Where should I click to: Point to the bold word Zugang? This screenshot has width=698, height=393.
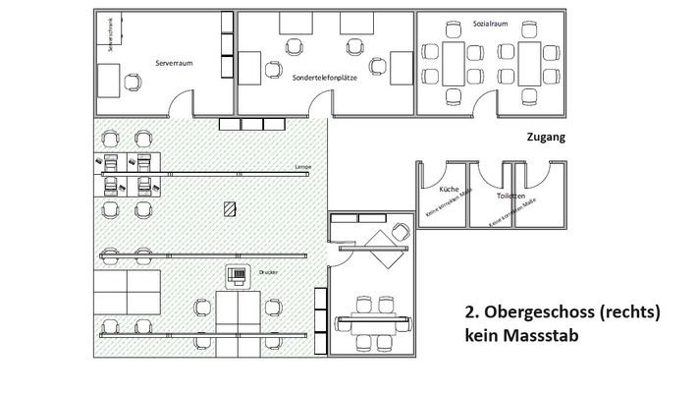pos(546,139)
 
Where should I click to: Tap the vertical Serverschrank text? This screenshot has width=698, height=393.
pos(111,35)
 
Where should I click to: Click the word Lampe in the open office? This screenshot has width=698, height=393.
pos(302,167)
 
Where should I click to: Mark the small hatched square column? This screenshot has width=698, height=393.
pos(229,208)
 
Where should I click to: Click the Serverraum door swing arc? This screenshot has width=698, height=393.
pos(183,100)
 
